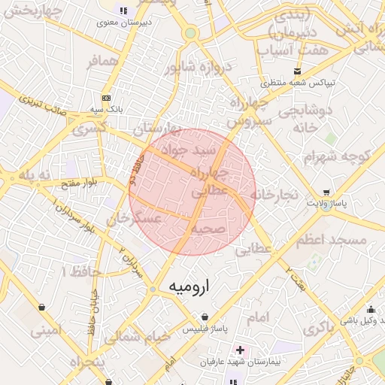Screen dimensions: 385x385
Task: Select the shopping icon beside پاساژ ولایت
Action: click(x=326, y=192)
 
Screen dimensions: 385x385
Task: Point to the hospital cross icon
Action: click(x=239, y=350)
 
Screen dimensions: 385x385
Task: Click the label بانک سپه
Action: click(x=107, y=109)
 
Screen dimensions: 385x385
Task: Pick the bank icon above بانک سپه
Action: click(x=106, y=98)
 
